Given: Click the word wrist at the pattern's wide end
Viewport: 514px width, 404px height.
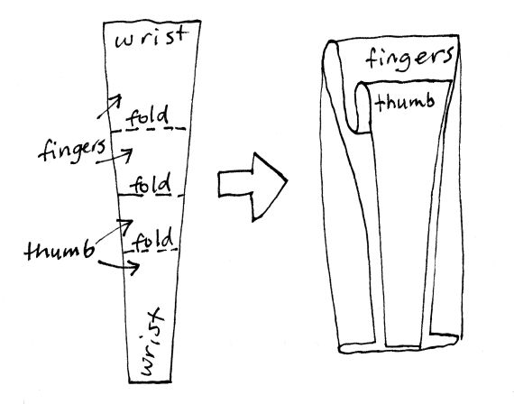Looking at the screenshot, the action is [151, 38].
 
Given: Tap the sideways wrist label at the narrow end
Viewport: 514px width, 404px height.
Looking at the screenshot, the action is [152, 342].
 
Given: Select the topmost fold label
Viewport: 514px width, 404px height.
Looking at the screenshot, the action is [148, 116].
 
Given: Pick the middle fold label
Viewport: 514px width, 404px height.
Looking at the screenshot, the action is [151, 184].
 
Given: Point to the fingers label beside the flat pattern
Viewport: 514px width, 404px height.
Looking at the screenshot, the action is [72, 151].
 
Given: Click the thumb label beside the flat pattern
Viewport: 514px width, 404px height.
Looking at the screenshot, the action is [59, 251].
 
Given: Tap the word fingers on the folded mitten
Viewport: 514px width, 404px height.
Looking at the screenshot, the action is [409, 58].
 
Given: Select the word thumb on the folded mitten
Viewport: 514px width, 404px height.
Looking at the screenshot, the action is [405, 102].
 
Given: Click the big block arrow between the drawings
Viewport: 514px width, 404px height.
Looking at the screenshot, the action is [252, 187].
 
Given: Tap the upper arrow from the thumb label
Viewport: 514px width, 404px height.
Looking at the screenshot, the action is [114, 232].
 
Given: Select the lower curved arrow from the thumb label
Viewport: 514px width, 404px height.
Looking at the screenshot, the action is [120, 266].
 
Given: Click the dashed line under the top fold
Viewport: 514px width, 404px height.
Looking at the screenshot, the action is [149, 130].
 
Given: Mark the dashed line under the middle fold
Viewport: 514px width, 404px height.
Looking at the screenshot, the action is [151, 196].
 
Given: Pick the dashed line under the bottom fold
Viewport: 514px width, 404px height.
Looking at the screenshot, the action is [151, 251].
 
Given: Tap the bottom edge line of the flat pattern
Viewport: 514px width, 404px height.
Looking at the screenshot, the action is [150, 381].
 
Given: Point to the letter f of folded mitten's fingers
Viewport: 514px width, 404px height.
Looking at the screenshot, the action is [372, 59].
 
